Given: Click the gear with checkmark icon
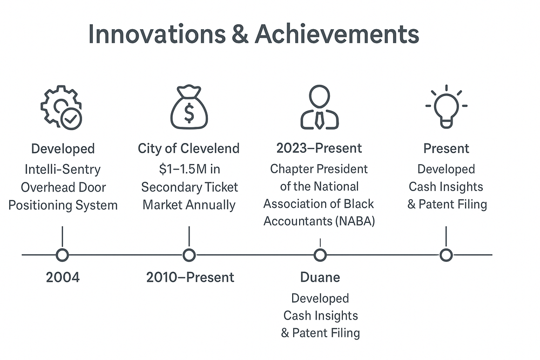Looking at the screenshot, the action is click(x=61, y=107).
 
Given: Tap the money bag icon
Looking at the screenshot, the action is click(x=189, y=107).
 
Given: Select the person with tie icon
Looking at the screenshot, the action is click(x=320, y=107).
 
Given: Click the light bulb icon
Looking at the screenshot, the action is click(x=447, y=107).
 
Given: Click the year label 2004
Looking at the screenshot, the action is click(x=63, y=277).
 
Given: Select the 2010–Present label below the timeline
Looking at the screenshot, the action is click(x=190, y=277).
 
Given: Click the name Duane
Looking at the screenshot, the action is click(x=320, y=277).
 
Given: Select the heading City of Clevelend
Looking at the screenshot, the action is click(x=188, y=148).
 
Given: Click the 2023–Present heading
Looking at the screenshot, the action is click(x=319, y=148).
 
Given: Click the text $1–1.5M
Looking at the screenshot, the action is click(x=181, y=169).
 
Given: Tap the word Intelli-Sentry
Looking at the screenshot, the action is click(x=63, y=169).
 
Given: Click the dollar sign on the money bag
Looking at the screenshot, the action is click(x=189, y=113).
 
